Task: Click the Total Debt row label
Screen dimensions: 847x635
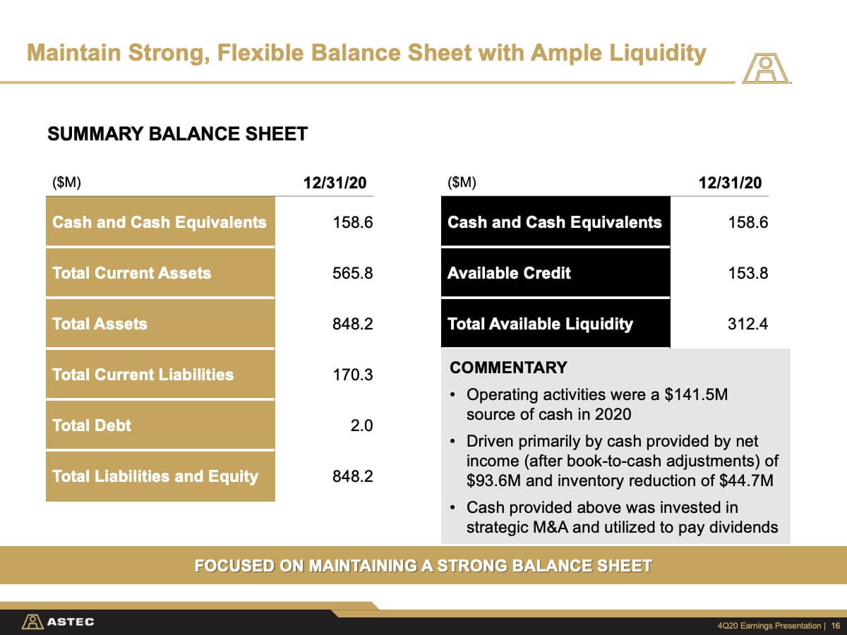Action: (92, 425)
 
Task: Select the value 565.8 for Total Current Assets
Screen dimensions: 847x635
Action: (353, 273)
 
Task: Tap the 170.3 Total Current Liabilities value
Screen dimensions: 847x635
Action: (353, 375)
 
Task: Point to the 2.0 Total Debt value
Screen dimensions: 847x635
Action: (361, 425)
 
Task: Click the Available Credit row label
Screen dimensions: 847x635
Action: (509, 273)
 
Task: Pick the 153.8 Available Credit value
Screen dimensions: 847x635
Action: (747, 273)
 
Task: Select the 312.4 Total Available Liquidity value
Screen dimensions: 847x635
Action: (747, 324)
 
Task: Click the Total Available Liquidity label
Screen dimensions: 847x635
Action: (540, 324)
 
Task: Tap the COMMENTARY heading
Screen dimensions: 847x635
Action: (508, 368)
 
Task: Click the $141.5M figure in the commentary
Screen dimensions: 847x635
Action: (696, 394)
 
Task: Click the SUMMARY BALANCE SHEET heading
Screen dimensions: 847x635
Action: (177, 134)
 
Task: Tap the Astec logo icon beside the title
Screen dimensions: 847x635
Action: (766, 68)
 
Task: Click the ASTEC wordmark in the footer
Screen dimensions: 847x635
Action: (70, 622)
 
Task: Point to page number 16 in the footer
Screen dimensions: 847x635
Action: (836, 625)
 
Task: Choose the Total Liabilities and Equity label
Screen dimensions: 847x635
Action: (155, 476)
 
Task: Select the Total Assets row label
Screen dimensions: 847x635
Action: (100, 324)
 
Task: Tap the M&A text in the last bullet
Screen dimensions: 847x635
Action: (551, 527)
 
